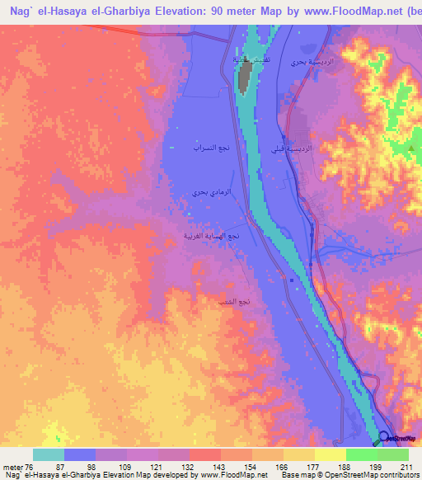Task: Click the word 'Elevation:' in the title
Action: [x=182, y=12]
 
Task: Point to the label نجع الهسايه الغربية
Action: [x=212, y=236]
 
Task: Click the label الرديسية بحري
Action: [x=308, y=63]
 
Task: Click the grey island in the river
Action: [x=245, y=76]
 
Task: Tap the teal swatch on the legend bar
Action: [x=49, y=454]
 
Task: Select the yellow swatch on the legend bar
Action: [x=331, y=454]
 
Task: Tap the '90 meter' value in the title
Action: [x=243, y=12]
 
